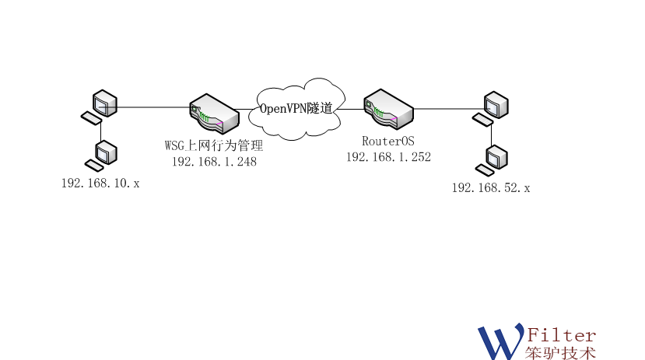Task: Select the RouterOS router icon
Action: (389, 108)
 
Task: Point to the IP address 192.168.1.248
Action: (214, 162)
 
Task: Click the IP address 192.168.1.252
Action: (388, 156)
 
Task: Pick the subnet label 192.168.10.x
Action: (100, 183)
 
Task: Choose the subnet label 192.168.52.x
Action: (491, 187)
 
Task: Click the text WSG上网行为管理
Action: (214, 146)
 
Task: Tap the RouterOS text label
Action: (388, 141)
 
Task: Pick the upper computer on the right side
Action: (495, 104)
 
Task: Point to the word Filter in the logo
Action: (561, 335)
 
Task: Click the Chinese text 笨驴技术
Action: (561, 352)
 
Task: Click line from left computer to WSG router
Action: (152, 107)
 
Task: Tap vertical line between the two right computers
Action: (491, 134)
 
